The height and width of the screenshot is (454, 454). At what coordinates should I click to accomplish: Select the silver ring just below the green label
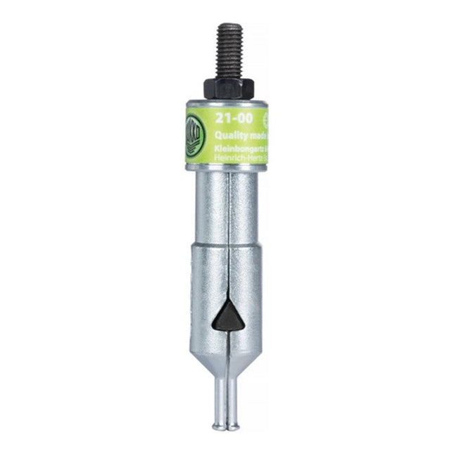tap(227, 171)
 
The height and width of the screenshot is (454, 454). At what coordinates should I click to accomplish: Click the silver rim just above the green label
tap(227, 102)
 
